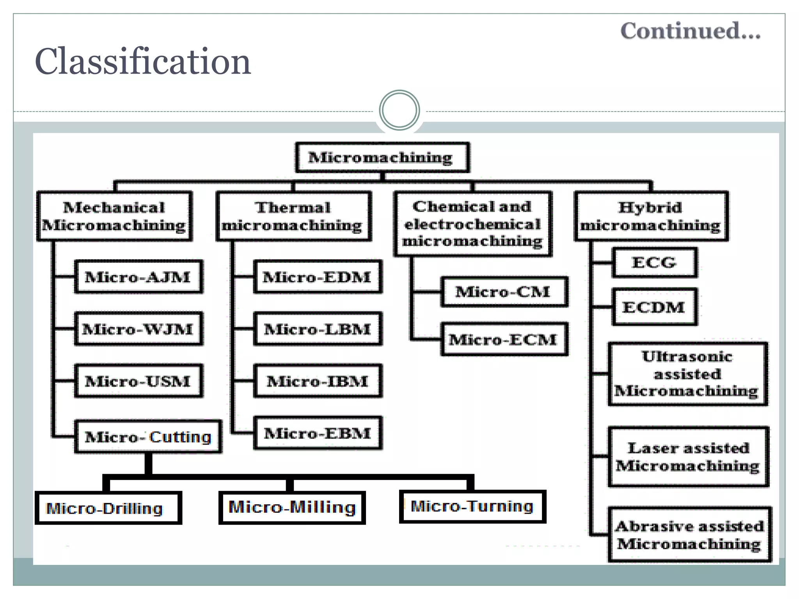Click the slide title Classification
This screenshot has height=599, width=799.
coord(143,62)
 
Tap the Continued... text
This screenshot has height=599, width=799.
coord(690,31)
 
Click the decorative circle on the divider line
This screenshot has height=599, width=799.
coord(399,110)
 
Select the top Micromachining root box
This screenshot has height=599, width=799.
coord(382,158)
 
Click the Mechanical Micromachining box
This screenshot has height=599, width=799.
coord(114,216)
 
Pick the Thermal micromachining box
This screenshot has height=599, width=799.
coord(293,216)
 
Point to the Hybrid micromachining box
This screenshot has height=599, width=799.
coord(651,216)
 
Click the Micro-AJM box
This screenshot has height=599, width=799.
coord(138,277)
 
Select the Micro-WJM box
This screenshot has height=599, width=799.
coord(138,329)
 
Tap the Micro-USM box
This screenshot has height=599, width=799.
coord(138,381)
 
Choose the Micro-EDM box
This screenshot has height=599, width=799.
coord(317,277)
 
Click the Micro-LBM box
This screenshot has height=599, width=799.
coord(317,329)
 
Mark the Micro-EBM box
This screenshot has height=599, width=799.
coord(317,433)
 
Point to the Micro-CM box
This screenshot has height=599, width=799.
coord(504,292)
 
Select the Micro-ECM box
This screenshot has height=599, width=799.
coord(504,339)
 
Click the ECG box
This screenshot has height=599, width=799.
coord(654,262)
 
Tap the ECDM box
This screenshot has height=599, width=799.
coord(654,307)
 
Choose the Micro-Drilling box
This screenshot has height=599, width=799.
coord(108,508)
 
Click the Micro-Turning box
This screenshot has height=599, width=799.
coord(472,507)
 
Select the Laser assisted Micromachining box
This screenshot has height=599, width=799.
coord(688,457)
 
